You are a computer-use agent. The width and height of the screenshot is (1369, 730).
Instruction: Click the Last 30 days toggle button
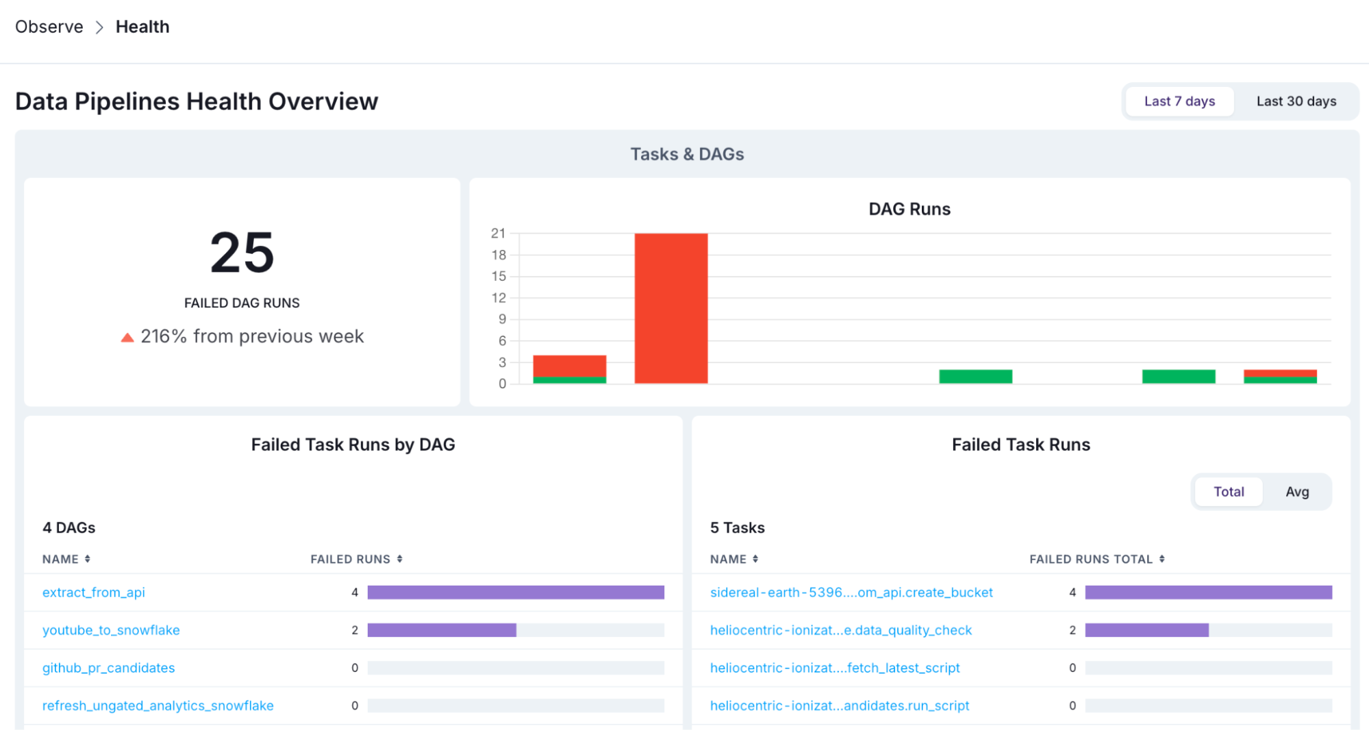click(1296, 101)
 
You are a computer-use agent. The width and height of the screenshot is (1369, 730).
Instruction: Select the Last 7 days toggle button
click(1179, 101)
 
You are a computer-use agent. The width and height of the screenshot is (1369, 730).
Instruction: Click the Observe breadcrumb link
click(49, 27)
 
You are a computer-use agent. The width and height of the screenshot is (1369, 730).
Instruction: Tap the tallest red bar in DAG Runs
click(670, 308)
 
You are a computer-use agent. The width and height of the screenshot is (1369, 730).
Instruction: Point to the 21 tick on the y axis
click(498, 234)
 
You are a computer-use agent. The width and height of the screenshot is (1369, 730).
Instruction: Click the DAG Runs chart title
click(909, 209)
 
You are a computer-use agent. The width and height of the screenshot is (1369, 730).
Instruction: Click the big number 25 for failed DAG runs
click(242, 253)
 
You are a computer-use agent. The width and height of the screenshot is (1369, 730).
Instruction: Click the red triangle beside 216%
click(127, 337)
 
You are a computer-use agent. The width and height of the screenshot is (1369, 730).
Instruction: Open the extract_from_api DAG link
click(94, 592)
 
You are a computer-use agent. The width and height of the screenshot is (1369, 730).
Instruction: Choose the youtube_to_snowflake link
click(111, 630)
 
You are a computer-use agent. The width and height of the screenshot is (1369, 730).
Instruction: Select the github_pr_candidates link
click(108, 668)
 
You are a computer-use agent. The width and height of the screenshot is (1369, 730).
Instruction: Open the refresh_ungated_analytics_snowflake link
click(158, 705)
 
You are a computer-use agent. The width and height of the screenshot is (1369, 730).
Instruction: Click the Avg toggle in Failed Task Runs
click(1296, 492)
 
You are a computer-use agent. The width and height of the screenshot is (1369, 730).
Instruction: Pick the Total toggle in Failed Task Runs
click(1229, 492)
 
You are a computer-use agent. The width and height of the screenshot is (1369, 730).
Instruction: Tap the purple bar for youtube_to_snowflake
click(442, 630)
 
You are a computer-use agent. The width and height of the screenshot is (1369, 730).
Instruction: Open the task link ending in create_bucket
click(851, 592)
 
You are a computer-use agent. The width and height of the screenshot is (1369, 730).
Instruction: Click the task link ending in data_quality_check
click(841, 630)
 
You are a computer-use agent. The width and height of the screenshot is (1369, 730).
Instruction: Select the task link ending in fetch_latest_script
click(835, 668)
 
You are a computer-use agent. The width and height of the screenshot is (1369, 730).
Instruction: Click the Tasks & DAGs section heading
click(687, 154)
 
